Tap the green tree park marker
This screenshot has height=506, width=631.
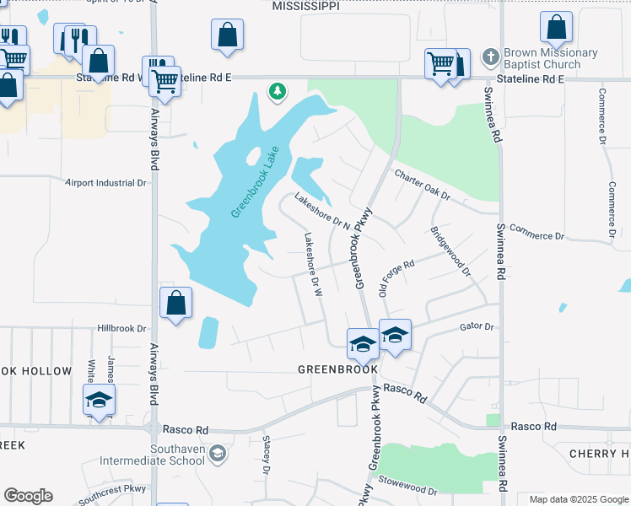[x=276, y=91]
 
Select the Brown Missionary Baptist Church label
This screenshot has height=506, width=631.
[x=550, y=58]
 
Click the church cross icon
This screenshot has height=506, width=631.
[x=490, y=57]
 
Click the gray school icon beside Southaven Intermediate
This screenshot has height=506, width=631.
[x=218, y=455]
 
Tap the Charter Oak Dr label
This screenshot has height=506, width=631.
[x=423, y=186]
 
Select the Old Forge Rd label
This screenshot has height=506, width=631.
[x=396, y=277]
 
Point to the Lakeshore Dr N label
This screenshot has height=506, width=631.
[x=321, y=212]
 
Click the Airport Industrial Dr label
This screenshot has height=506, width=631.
[x=106, y=182]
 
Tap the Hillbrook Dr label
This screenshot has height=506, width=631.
[x=122, y=328]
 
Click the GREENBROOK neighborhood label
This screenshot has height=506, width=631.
[x=337, y=369]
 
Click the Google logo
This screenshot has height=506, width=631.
[x=28, y=496]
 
